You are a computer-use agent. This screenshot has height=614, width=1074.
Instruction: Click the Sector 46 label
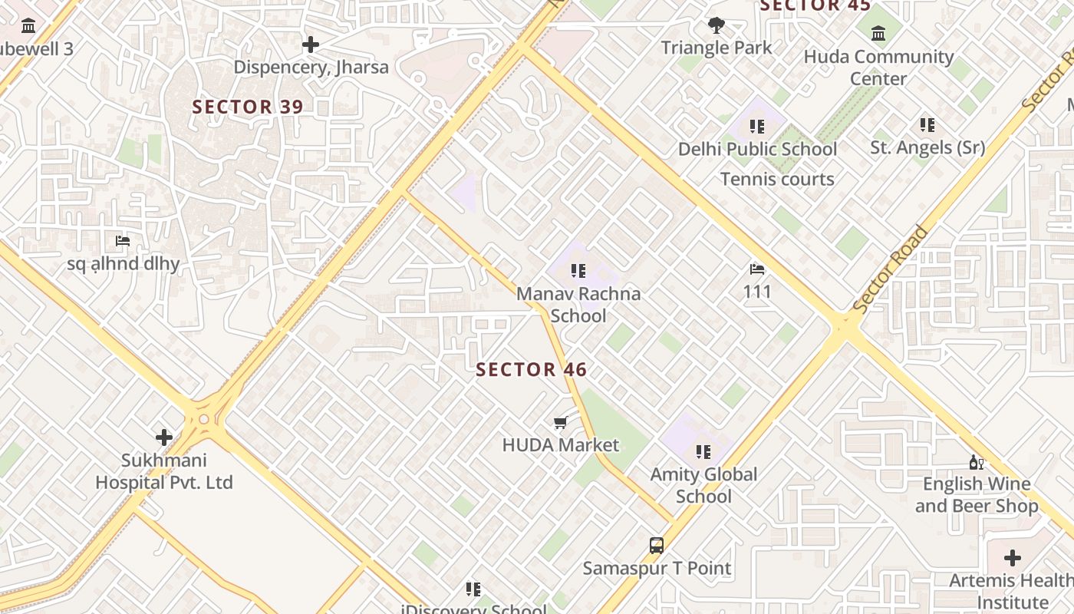coord(531,370)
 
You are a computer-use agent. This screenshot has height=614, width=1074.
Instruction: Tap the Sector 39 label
coord(248,107)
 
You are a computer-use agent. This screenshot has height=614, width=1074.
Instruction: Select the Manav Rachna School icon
coord(578,270)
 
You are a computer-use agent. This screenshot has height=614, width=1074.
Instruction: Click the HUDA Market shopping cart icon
coord(561,423)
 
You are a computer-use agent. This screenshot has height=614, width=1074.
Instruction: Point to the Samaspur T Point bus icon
coord(657,546)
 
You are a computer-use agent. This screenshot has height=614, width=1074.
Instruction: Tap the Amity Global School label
coord(703,485)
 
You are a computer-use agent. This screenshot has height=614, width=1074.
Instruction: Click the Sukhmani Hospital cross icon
coord(164,437)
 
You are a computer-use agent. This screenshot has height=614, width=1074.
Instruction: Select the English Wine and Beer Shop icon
coord(976,462)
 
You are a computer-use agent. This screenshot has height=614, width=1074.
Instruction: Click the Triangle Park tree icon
coord(717,25)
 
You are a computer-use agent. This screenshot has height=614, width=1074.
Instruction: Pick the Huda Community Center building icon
coord(878,34)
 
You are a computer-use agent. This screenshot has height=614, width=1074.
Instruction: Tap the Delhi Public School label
coord(757,149)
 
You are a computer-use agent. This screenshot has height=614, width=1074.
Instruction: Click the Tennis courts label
coord(777,180)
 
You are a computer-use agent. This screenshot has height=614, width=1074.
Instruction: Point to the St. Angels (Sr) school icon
coord(927,124)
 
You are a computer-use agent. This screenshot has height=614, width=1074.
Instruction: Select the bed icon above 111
coord(757,269)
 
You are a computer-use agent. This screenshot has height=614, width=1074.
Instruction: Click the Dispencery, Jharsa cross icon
coord(311,45)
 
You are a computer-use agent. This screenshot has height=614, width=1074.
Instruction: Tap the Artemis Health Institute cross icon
coord(1013,558)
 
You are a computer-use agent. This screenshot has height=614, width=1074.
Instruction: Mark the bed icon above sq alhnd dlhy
coord(123,241)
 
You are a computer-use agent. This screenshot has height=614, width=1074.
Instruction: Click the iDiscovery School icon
coord(473,589)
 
